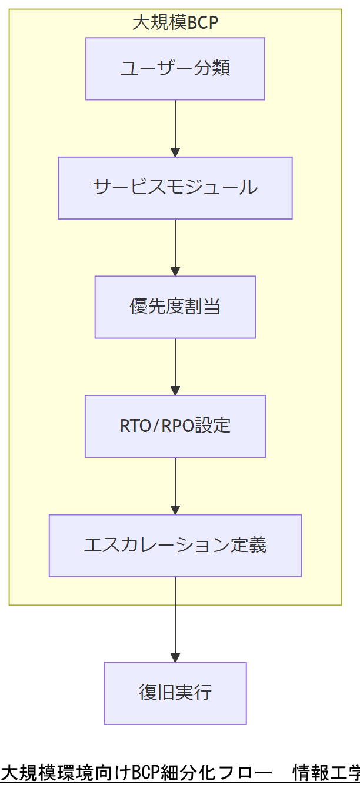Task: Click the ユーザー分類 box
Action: (175, 69)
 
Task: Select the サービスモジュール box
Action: (175, 188)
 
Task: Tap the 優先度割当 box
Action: (175, 307)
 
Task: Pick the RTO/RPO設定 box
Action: (175, 426)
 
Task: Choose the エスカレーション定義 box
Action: (175, 546)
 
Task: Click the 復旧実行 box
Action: (175, 693)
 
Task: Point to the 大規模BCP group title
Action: (175, 23)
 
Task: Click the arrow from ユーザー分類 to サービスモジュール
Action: (175, 127)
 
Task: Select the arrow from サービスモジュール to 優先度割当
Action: (175, 246)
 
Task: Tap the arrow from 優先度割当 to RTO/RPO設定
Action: (175, 365)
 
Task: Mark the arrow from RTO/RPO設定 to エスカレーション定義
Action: (175, 484)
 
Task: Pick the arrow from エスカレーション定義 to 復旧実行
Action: (175, 618)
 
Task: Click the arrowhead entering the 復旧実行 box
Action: (175, 657)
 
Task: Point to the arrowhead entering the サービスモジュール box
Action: (175, 152)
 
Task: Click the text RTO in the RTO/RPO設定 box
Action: (133, 426)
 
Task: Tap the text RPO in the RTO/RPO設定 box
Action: (178, 426)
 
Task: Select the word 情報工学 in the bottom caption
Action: (326, 772)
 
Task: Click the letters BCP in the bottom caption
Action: (147, 772)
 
